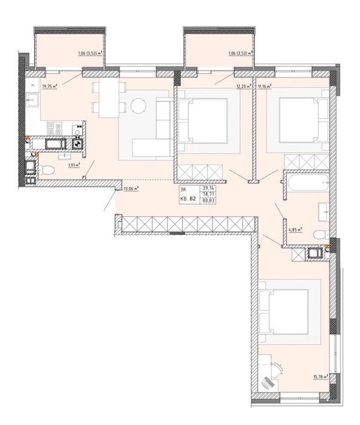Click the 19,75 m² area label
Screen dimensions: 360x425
pyautogui.click(x=50, y=86)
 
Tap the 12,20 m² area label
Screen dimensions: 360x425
pyautogui.click(x=244, y=86)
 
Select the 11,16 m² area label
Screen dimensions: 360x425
pyautogui.click(x=265, y=86)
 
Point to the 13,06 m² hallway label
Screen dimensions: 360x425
pyautogui.click(x=131, y=189)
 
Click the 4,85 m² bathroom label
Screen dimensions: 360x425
pyautogui.click(x=296, y=230)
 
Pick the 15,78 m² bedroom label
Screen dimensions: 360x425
pyautogui.click(x=321, y=377)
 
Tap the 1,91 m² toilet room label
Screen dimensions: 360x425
pyautogui.click(x=75, y=165)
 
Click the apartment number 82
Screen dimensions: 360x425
pyautogui.click(x=192, y=199)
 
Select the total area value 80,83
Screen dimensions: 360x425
pyautogui.click(x=208, y=201)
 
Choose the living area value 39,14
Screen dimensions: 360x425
pyautogui.click(x=208, y=188)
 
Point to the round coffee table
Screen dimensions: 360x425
pyautogui.click(x=138, y=105)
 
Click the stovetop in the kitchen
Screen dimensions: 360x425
pyautogui.click(x=55, y=128)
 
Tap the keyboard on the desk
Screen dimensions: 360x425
pyautogui.click(x=267, y=382)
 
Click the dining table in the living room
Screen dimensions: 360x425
pyautogui.click(x=109, y=98)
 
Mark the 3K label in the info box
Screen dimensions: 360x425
pyautogui.click(x=183, y=189)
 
